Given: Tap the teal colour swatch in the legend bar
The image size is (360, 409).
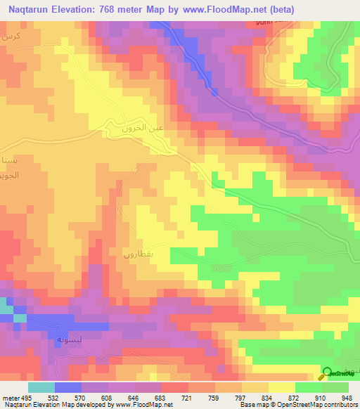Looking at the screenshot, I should pyautogui.click(x=41, y=387).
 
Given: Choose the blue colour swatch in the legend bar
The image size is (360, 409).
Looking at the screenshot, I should pyautogui.click(x=68, y=387).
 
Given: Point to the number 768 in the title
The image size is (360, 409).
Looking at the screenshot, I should pyautogui.click(x=124, y=8).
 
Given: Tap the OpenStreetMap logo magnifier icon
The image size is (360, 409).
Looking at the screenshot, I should pyautogui.click(x=328, y=373).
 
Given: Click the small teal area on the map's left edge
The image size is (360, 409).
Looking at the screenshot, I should pyautogui.click(x=5, y=309).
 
